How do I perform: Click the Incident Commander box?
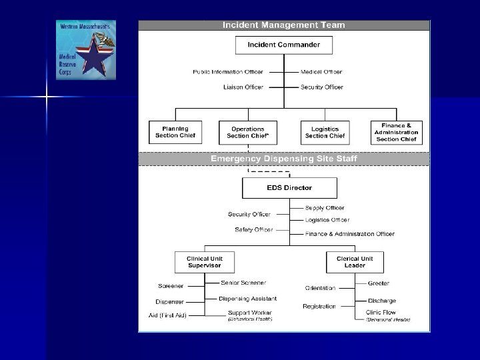click(284, 45)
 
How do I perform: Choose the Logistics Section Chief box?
click(325, 132)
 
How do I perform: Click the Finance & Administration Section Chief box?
click(396, 131)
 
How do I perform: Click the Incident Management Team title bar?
click(284, 25)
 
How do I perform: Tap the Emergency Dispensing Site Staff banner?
click(284, 159)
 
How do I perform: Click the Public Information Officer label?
click(228, 72)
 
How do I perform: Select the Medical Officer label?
click(322, 72)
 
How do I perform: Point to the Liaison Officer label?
click(243, 87)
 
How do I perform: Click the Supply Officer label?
click(325, 208)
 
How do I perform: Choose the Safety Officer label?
click(253, 230)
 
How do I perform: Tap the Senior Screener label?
click(243, 283)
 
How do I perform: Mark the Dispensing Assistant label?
click(248, 298)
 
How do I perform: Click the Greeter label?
click(379, 283)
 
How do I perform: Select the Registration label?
click(319, 307)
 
